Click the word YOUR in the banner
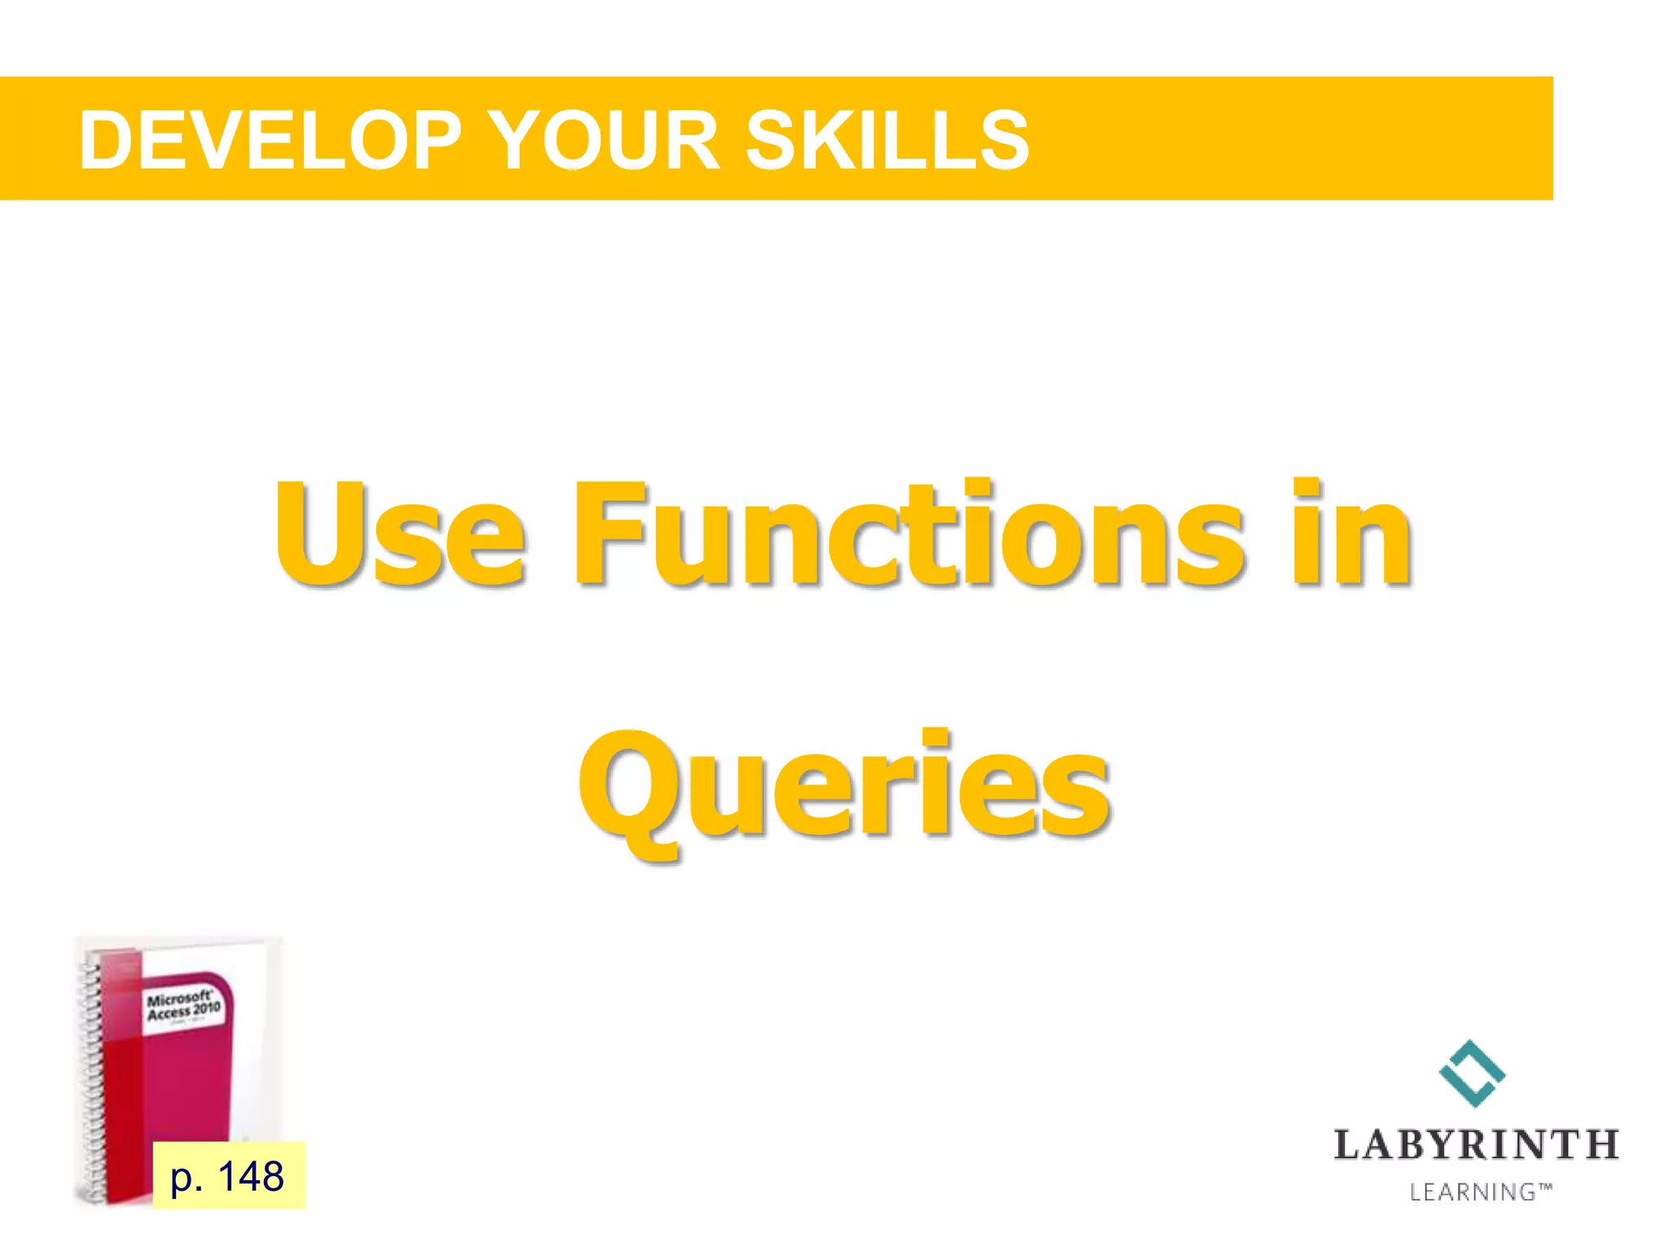point(606,141)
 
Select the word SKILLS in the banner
point(888,141)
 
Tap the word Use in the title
point(399,533)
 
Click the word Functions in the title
point(908,533)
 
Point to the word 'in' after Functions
point(1352,533)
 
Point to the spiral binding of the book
point(91,1075)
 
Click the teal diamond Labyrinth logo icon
point(1472,1073)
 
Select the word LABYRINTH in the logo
point(1476,1144)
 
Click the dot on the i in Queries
point(937,737)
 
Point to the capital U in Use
point(318,533)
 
